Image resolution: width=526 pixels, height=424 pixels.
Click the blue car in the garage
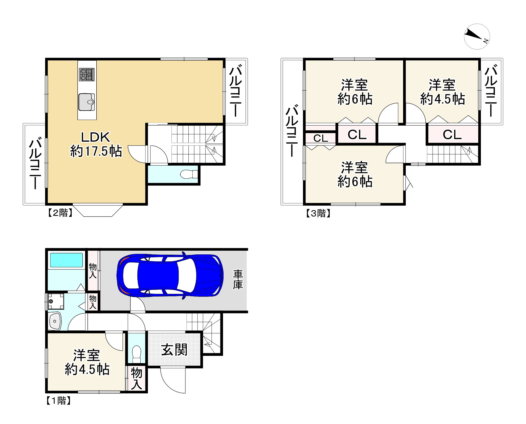tap(170, 275)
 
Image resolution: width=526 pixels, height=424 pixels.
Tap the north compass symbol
tap(477, 36)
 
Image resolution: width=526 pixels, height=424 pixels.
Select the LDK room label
tap(96, 137)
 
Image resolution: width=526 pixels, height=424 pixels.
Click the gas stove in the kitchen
tap(87, 74)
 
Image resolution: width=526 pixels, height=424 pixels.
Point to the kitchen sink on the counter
tap(86, 102)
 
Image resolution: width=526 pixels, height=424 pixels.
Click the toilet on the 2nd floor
tap(189, 174)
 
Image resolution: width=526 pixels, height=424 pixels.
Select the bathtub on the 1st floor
tap(67, 260)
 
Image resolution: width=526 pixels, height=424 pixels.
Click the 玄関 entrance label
tap(174, 350)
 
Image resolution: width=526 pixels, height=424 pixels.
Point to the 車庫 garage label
tap(238, 280)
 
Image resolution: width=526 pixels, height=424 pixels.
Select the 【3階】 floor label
tap(318, 213)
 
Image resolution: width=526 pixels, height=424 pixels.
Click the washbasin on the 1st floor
tap(55, 321)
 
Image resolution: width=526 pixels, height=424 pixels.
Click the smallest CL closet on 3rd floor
tap(321, 138)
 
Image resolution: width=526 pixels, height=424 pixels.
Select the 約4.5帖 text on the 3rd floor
tap(442, 99)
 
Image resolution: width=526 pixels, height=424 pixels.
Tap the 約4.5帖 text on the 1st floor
tap(87, 370)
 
